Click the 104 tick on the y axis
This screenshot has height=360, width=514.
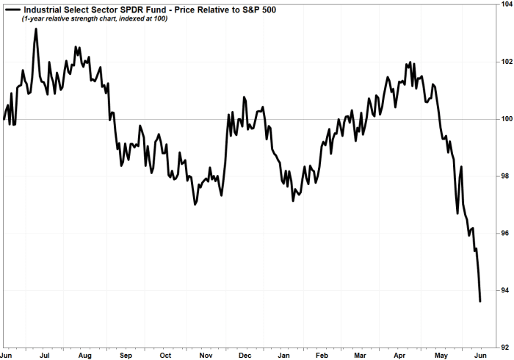(x=505, y=4)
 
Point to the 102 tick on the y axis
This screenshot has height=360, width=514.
(x=505, y=62)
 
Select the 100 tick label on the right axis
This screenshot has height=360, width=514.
(x=505, y=119)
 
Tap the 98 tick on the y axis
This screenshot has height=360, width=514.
(x=505, y=176)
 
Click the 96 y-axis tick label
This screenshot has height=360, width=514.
(x=505, y=234)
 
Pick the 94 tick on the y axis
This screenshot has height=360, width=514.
(x=505, y=291)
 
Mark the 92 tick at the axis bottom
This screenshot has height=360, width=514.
(x=505, y=346)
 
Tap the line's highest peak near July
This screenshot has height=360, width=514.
(x=36, y=29)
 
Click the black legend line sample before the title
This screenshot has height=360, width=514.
(x=11, y=8)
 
